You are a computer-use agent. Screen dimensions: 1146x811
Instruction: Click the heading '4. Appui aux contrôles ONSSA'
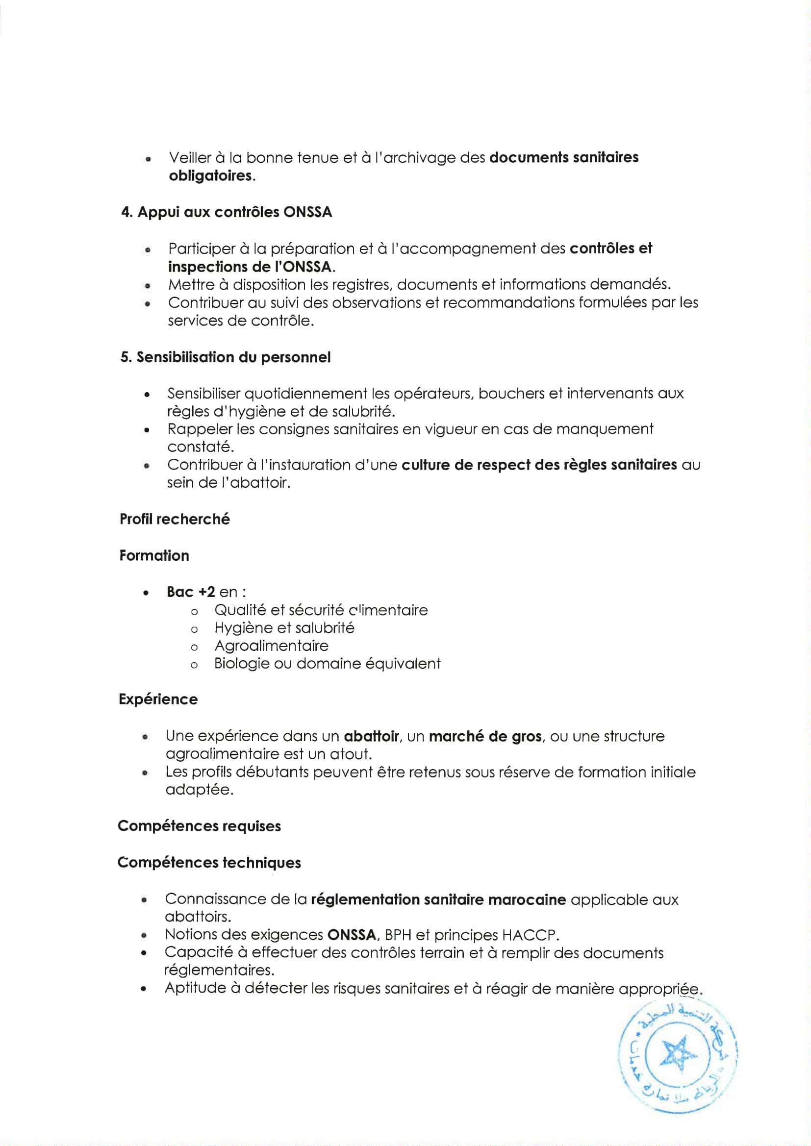point(226,212)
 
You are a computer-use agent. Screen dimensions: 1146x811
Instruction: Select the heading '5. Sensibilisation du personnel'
point(225,357)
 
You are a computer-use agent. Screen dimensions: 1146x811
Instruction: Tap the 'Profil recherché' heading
point(175,519)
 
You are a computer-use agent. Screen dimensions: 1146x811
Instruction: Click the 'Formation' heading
point(154,555)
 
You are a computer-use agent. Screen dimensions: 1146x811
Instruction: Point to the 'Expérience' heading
point(158,699)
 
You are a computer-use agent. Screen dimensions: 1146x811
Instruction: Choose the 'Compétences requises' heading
point(199,826)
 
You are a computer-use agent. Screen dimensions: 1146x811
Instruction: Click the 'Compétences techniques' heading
point(209,863)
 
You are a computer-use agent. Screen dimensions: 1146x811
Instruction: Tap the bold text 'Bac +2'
point(191,592)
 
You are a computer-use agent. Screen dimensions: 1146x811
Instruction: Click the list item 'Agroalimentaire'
point(271,646)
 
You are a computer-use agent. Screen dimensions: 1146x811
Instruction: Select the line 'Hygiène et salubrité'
point(284,628)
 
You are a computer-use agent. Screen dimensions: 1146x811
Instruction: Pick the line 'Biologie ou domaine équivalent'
point(327,664)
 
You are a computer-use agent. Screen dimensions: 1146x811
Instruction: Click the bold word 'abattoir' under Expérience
point(371,736)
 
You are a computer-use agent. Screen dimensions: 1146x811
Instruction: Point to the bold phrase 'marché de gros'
point(485,736)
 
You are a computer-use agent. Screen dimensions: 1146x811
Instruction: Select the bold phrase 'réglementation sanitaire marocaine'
point(438,899)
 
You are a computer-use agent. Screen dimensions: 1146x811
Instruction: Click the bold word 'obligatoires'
point(211,176)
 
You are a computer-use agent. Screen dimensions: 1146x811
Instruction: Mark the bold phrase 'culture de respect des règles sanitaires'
point(539,465)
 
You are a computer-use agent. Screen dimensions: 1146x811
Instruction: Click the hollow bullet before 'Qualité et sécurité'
point(194,611)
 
